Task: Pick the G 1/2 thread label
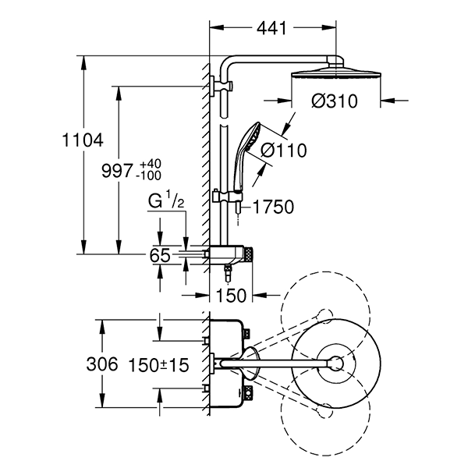[168, 200]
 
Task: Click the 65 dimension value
[160, 254]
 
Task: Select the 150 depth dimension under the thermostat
[232, 295]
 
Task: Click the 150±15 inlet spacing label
[161, 364]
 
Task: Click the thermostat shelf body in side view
[231, 253]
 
